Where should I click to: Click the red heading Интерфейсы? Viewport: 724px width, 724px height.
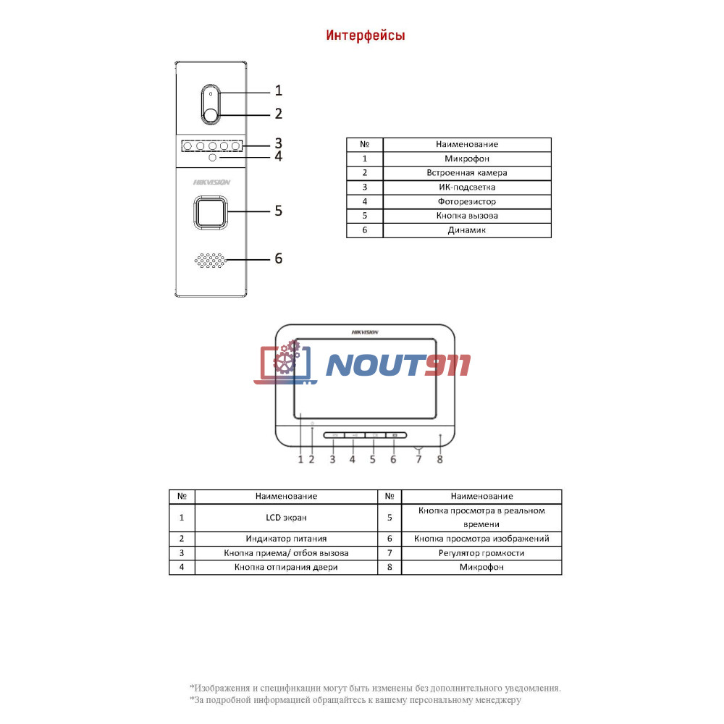(365, 35)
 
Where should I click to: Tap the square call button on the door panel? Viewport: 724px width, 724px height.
(211, 212)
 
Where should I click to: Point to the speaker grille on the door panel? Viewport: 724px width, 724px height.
(211, 261)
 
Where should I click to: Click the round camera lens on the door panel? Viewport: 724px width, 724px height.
(211, 115)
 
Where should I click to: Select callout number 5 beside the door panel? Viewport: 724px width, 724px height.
(279, 211)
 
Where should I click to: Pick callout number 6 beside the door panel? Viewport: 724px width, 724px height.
(279, 258)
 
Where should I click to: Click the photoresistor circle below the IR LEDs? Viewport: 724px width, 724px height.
(212, 157)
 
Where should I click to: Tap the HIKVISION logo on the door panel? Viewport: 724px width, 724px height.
(211, 182)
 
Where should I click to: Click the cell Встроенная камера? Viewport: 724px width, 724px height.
(467, 173)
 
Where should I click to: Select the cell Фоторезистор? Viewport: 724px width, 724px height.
(467, 201)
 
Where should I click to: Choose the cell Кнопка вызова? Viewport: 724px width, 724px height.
(467, 216)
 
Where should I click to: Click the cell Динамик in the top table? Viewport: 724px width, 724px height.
(467, 230)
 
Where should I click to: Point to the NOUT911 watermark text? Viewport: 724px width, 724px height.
(398, 365)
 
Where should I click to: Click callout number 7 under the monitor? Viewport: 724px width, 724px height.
(418, 460)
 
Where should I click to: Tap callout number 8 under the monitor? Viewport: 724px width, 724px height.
(439, 460)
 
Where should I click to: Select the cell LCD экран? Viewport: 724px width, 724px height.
(286, 518)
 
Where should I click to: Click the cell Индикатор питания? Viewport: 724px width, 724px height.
(286, 539)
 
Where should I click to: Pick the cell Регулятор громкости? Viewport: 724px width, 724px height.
(481, 552)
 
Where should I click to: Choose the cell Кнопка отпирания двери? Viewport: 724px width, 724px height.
(286, 567)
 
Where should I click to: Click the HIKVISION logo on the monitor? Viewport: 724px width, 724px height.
(365, 332)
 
